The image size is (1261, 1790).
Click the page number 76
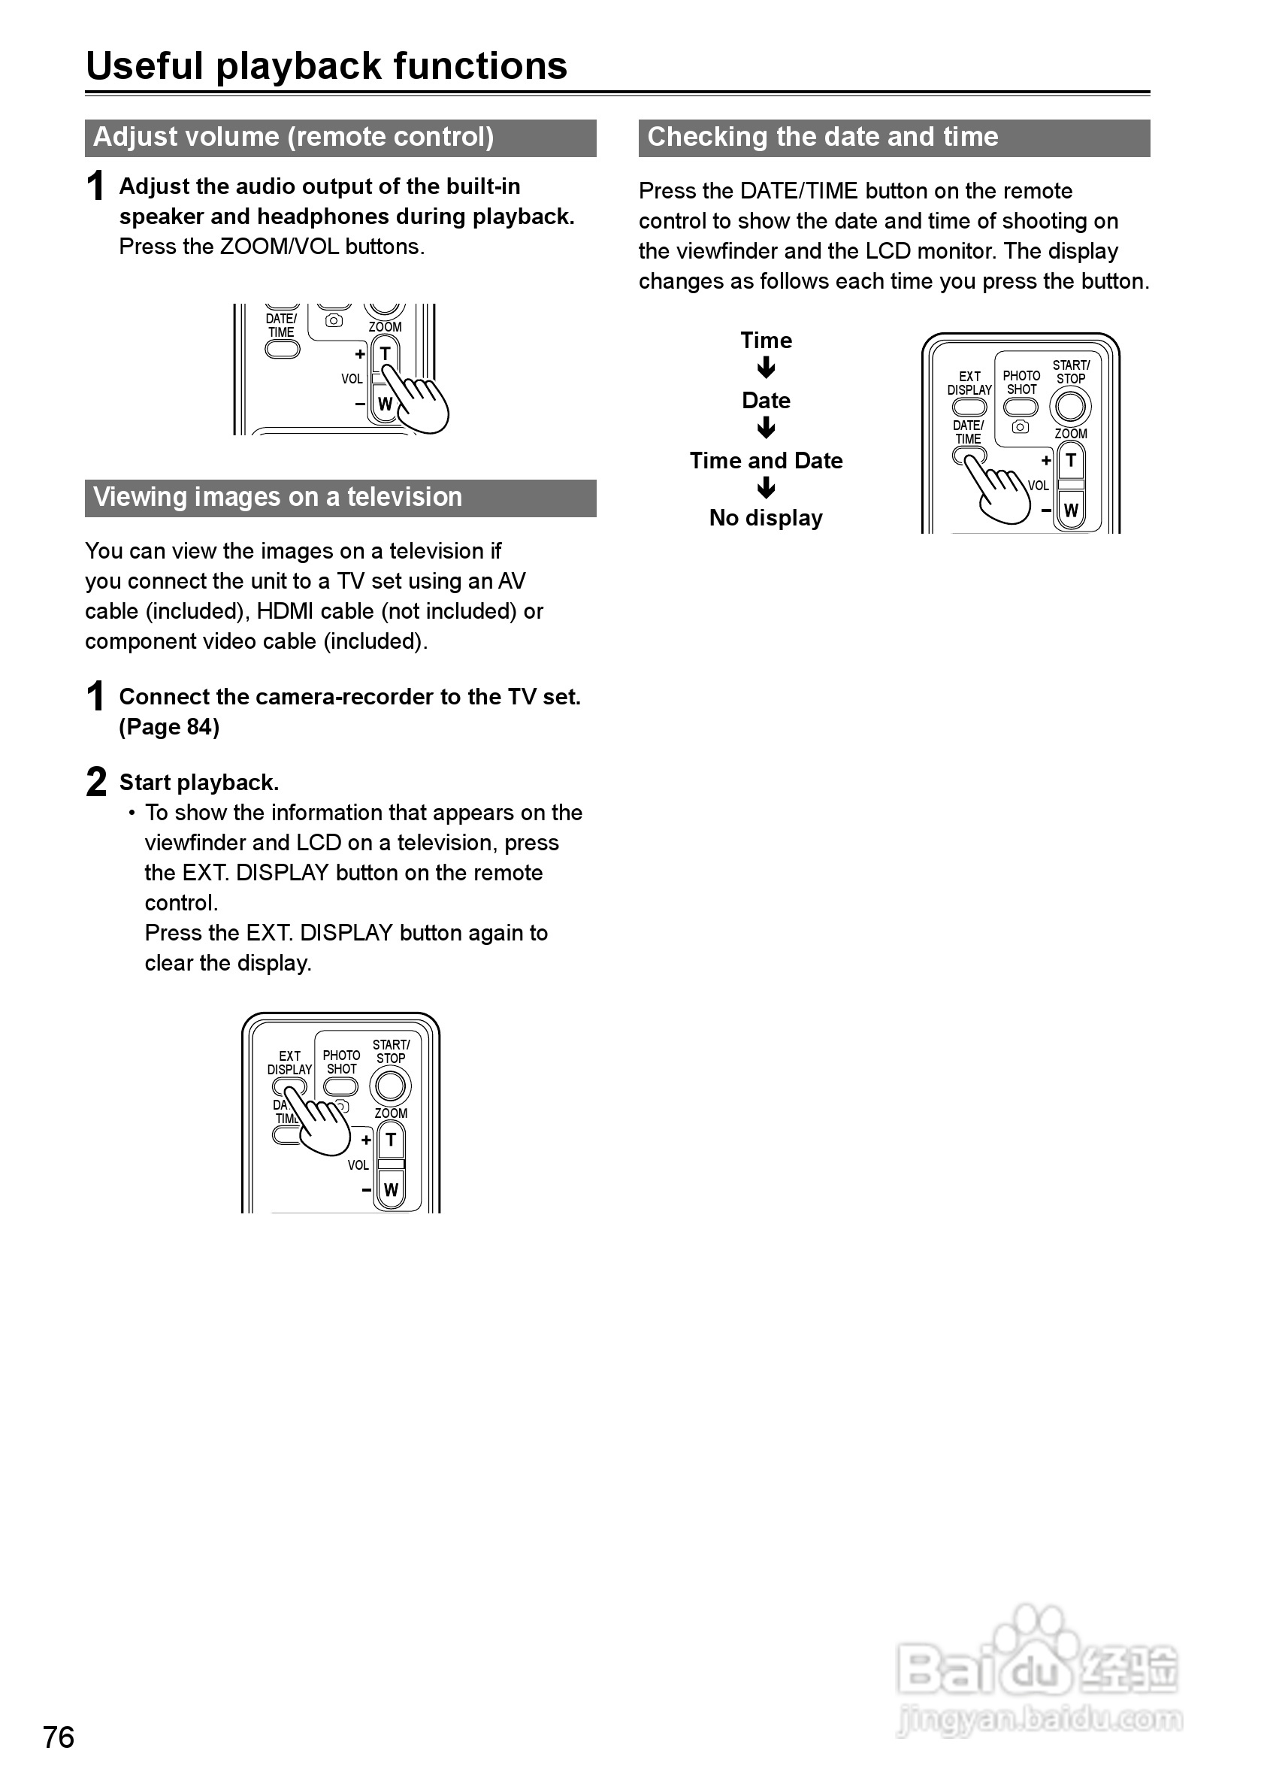pos(59,1737)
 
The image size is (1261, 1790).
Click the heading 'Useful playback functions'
pos(326,65)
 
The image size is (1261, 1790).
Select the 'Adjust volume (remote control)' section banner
pos(340,138)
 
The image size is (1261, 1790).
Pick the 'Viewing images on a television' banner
pos(340,498)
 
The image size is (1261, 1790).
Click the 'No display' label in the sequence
pos(765,518)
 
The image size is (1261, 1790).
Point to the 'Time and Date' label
pos(765,460)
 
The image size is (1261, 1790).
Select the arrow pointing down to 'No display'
pos(766,488)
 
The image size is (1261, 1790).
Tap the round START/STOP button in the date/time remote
pos(1070,406)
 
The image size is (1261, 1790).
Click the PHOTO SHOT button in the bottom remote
pos(340,1087)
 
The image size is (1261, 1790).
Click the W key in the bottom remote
pos(391,1189)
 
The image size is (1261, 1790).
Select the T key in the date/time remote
pos(1071,461)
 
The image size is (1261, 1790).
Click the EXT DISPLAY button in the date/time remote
pos(969,406)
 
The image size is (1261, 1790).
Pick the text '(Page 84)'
pos(169,727)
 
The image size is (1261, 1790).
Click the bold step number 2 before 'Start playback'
pos(96,781)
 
